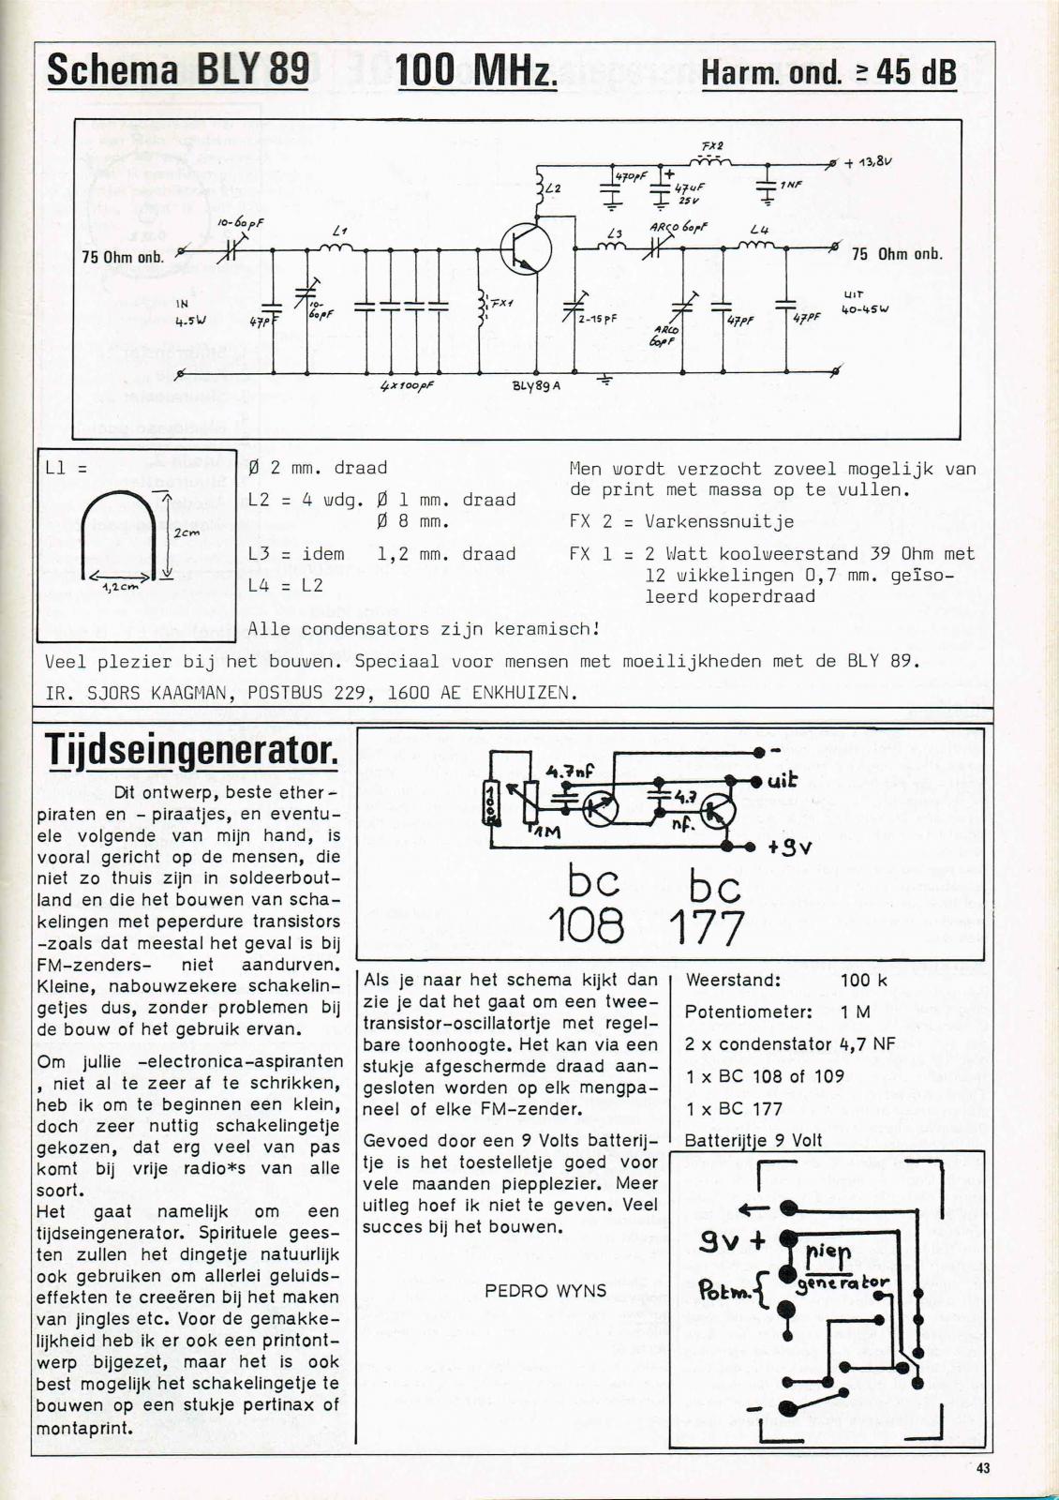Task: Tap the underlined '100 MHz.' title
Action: tap(477, 70)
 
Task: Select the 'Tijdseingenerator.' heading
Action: tap(190, 750)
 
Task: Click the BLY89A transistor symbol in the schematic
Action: tap(520, 248)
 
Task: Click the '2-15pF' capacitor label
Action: tap(597, 319)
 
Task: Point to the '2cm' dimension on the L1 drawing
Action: tap(183, 531)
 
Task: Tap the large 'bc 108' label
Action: tap(595, 905)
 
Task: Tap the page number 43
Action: tap(982, 1470)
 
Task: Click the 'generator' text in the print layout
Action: tap(842, 1282)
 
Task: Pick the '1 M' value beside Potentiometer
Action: tap(856, 1012)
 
